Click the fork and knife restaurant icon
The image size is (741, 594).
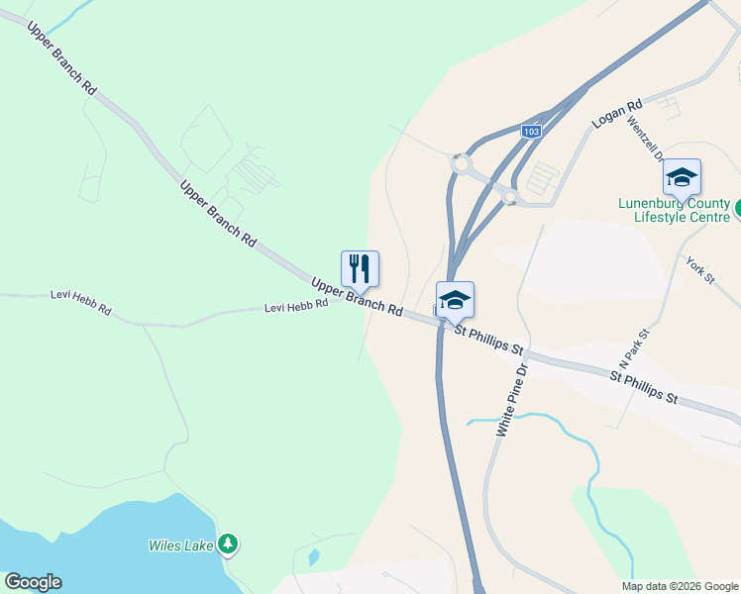(x=360, y=267)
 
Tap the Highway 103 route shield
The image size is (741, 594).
(x=532, y=131)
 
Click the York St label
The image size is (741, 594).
(x=700, y=269)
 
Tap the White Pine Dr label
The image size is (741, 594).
(x=513, y=399)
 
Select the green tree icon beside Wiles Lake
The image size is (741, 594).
(x=229, y=543)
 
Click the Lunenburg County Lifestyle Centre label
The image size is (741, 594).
(x=674, y=210)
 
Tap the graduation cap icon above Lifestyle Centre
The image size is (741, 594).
(x=682, y=177)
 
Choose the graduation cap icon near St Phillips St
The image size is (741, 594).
(x=455, y=299)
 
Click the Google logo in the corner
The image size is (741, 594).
(x=33, y=582)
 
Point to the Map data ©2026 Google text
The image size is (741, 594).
(x=681, y=586)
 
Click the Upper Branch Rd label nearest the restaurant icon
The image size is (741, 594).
(x=357, y=296)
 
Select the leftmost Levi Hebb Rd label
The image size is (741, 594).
(x=81, y=303)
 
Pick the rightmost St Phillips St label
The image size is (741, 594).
(x=644, y=387)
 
